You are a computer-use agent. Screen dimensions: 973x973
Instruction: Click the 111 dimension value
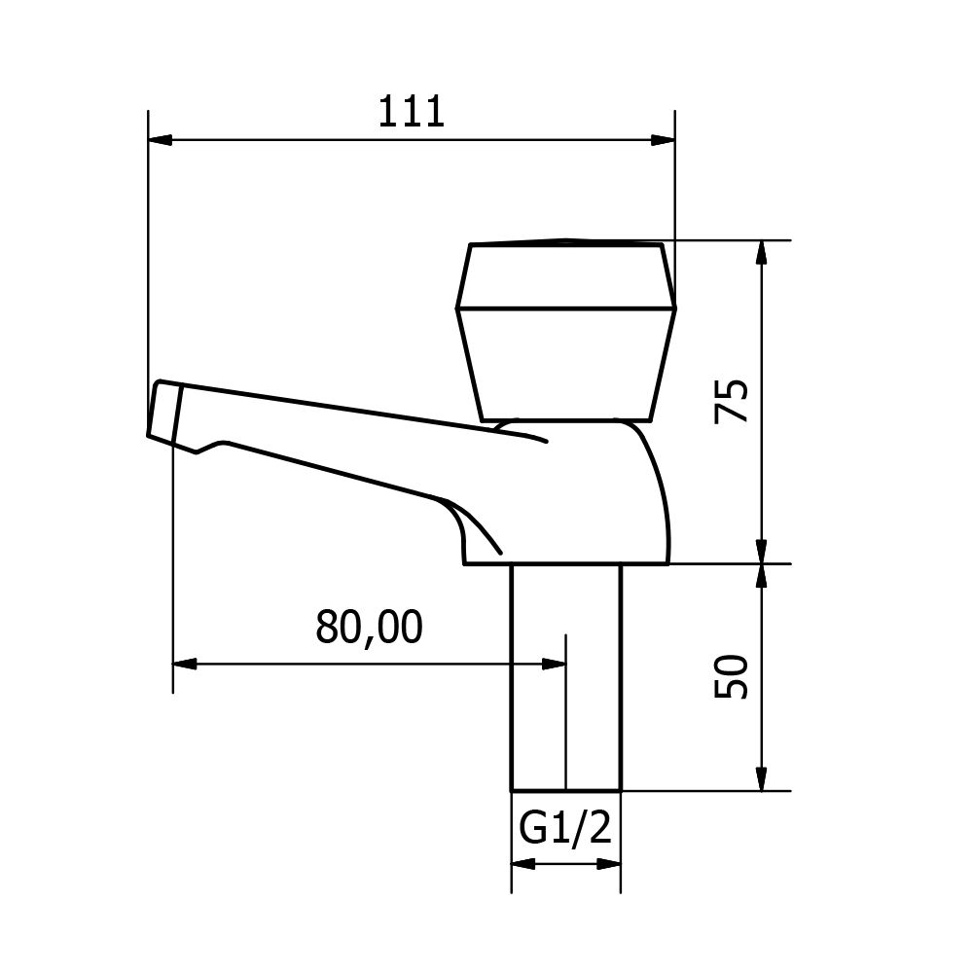pyautogui.click(x=411, y=112)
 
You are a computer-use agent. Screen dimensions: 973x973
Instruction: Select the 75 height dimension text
pyautogui.click(x=732, y=400)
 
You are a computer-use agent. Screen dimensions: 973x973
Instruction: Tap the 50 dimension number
pyautogui.click(x=732, y=676)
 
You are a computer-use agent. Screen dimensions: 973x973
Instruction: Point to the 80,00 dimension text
pyautogui.click(x=369, y=628)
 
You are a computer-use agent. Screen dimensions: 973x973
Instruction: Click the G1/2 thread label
pyautogui.click(x=565, y=829)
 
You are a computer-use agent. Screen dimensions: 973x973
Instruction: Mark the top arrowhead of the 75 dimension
pyautogui.click(x=762, y=252)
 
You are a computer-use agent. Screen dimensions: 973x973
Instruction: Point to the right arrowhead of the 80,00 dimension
pyautogui.click(x=554, y=664)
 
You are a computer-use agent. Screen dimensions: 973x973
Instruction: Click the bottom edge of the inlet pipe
pyautogui.click(x=566, y=790)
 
